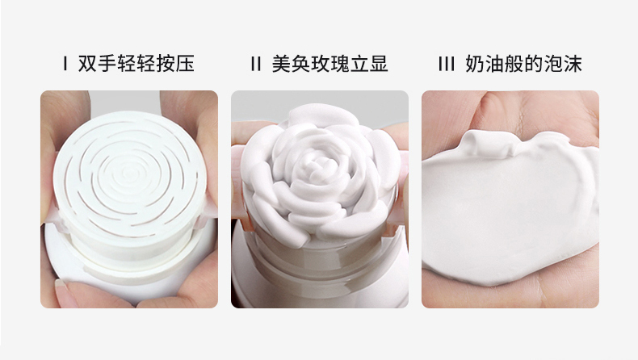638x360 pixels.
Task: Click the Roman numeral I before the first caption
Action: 65,65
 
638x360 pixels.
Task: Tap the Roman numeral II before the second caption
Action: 257,65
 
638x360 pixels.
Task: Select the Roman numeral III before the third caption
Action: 447,65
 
